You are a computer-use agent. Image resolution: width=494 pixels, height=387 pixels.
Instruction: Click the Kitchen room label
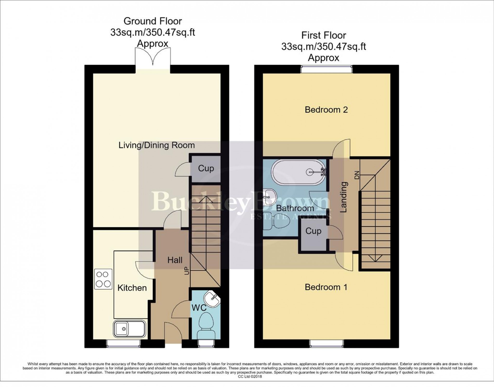(x=132, y=288)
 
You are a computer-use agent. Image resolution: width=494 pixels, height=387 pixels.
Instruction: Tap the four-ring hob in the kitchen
(x=103, y=279)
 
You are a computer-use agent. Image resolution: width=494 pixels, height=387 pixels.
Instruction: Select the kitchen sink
(x=129, y=329)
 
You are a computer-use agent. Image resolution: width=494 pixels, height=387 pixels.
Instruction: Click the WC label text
(x=199, y=308)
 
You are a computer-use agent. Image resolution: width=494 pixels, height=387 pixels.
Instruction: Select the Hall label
(x=175, y=260)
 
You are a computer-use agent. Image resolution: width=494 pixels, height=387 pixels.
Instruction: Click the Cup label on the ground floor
(x=206, y=168)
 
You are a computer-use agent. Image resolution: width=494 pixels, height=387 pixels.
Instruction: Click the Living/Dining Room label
(x=157, y=145)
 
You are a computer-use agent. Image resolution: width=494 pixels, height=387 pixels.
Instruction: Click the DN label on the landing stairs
(x=356, y=175)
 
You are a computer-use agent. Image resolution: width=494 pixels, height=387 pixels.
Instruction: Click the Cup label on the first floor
(x=313, y=231)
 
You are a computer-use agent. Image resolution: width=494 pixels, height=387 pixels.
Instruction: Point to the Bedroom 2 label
(x=326, y=110)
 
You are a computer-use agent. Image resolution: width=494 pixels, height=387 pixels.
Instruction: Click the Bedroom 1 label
(x=326, y=287)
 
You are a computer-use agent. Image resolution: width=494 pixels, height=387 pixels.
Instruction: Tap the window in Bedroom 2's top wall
(x=327, y=69)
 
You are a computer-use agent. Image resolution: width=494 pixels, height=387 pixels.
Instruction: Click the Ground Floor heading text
(x=153, y=21)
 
